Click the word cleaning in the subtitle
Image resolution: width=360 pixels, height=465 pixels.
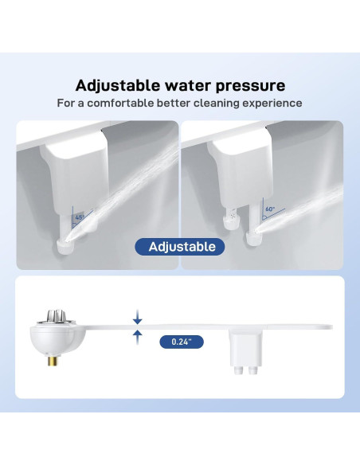pos(220,104)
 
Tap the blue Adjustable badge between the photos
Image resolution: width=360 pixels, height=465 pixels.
pos(179,246)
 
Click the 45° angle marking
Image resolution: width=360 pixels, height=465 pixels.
pos(79,216)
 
